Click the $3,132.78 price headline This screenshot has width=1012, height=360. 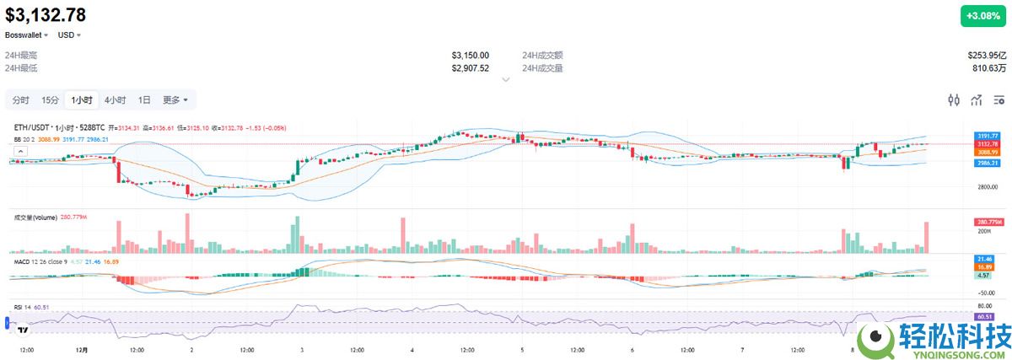[x=46, y=14]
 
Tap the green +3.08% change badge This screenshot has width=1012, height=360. [x=982, y=16]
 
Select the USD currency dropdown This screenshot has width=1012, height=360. [x=69, y=35]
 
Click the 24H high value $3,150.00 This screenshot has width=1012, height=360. [x=470, y=55]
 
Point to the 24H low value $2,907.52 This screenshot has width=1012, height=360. [x=470, y=67]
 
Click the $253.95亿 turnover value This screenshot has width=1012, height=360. [x=988, y=55]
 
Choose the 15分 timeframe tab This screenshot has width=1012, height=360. [x=51, y=100]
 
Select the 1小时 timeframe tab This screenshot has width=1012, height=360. [x=82, y=100]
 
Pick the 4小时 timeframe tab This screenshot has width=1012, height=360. [x=116, y=100]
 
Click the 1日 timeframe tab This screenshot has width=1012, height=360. [x=144, y=100]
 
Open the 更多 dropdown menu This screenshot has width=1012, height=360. [x=175, y=100]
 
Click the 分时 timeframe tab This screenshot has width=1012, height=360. [x=20, y=100]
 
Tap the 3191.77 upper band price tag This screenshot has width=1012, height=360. [x=988, y=136]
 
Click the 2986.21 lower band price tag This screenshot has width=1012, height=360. [x=988, y=164]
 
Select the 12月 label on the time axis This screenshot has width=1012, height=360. [x=81, y=348]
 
